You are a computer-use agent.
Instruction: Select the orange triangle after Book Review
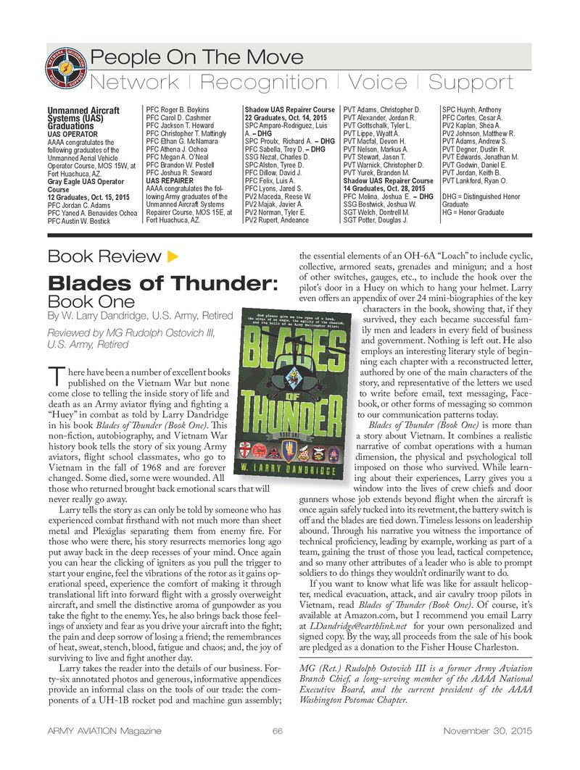coord(173,256)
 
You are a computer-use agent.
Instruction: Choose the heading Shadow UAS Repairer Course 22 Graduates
coord(289,114)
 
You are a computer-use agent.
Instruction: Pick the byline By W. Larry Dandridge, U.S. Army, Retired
coord(140,316)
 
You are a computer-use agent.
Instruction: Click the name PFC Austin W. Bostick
coord(79,220)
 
